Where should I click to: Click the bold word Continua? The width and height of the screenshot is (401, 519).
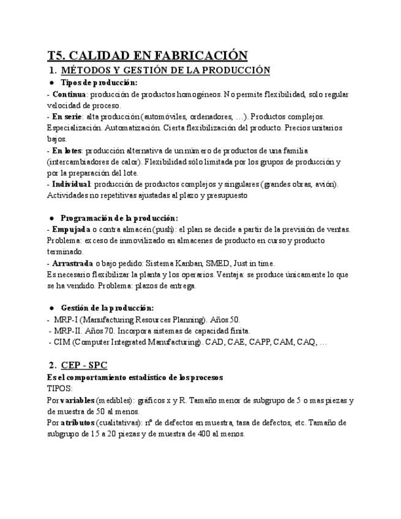tap(69, 94)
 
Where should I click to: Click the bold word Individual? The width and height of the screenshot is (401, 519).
tap(71, 184)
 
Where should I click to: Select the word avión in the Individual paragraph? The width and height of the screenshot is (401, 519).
tap(324, 184)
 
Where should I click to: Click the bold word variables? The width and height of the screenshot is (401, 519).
tap(78, 400)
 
